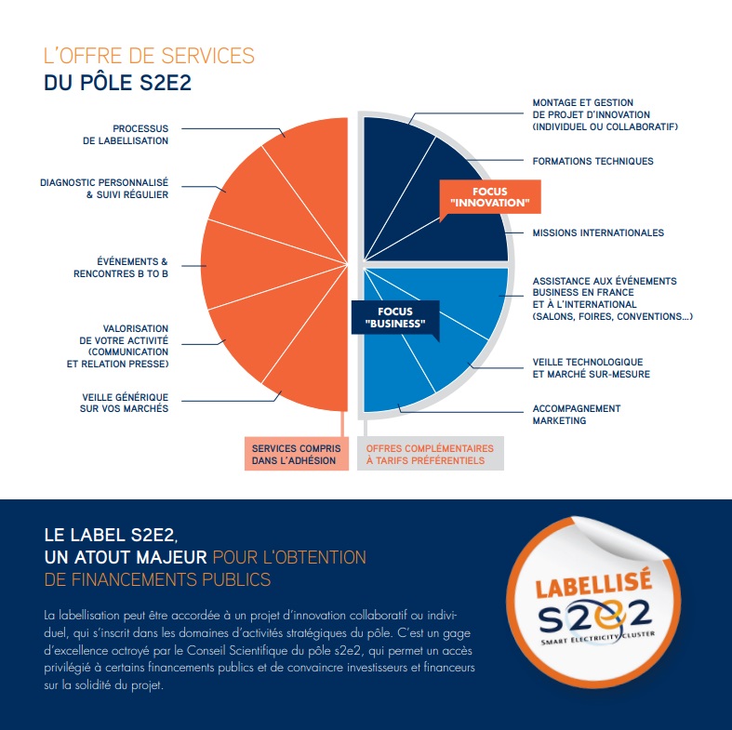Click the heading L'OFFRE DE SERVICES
[149, 56]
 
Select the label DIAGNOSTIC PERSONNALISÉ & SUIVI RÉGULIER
[104, 189]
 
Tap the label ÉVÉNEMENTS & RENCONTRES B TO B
[121, 268]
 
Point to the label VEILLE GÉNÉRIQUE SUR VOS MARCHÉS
[125, 403]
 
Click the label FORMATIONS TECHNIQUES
[592, 161]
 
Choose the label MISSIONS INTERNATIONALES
[598, 232]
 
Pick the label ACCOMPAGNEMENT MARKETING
[576, 414]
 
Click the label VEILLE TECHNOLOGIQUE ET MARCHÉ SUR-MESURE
[591, 367]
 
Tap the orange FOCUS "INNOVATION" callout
[488, 197]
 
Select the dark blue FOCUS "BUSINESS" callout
[395, 318]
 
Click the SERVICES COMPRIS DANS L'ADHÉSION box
[296, 454]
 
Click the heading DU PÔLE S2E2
[117, 83]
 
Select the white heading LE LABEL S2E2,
[111, 536]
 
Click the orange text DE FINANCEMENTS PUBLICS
[158, 580]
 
